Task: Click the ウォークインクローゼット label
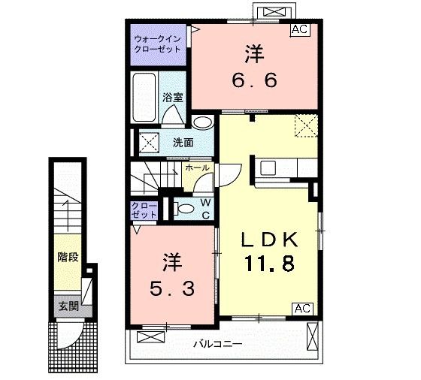click(x=157, y=43)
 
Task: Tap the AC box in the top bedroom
click(x=299, y=30)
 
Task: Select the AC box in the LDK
click(x=302, y=308)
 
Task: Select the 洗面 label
click(x=183, y=142)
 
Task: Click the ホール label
click(x=197, y=168)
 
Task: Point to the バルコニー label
click(x=217, y=344)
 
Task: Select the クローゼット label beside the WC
click(x=144, y=210)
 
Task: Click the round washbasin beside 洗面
click(x=201, y=123)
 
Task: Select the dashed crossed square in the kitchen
click(x=306, y=125)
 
